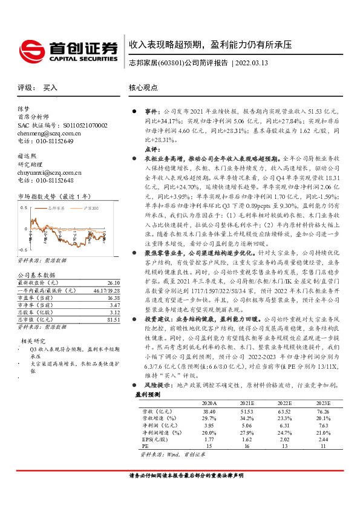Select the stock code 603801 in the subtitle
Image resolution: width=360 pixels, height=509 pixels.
point(171,63)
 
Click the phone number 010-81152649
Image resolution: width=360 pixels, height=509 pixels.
point(52,140)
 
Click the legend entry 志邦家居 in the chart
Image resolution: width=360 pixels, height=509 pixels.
point(57,207)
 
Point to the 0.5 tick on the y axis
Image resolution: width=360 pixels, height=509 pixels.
point(24,207)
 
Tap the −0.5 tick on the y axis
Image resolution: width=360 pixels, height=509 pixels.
point(23,250)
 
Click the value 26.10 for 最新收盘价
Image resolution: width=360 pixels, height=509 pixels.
point(113,282)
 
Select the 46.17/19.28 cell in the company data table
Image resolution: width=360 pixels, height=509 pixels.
point(105,290)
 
